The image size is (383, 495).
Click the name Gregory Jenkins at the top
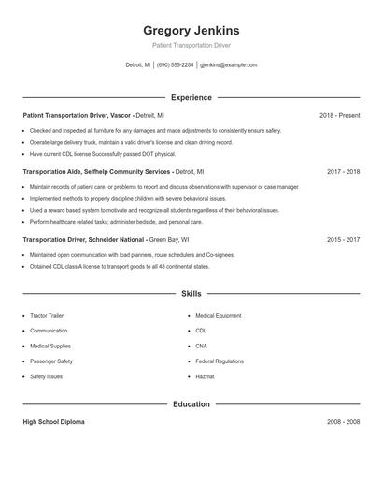[191, 30]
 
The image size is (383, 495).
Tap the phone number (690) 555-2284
[176, 65]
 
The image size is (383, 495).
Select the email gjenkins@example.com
[229, 65]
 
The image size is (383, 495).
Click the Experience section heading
[191, 97]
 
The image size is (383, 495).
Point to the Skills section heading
[191, 294]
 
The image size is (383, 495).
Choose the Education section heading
[191, 404]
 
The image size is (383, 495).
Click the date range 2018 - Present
[339, 115]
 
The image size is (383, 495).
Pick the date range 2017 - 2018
[343, 172]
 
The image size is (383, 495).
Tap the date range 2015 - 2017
[343, 239]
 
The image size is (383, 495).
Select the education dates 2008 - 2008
[343, 422]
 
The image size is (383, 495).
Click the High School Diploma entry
[53, 422]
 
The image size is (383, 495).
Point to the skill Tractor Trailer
[47, 316]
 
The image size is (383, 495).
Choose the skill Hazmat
[206, 376]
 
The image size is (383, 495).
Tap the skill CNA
[202, 346]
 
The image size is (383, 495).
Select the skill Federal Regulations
[220, 361]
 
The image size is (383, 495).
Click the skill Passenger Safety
[51, 361]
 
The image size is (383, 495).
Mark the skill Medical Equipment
[219, 316]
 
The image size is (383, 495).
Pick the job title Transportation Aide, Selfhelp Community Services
[96, 172]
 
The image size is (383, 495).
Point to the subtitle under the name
[191, 45]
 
